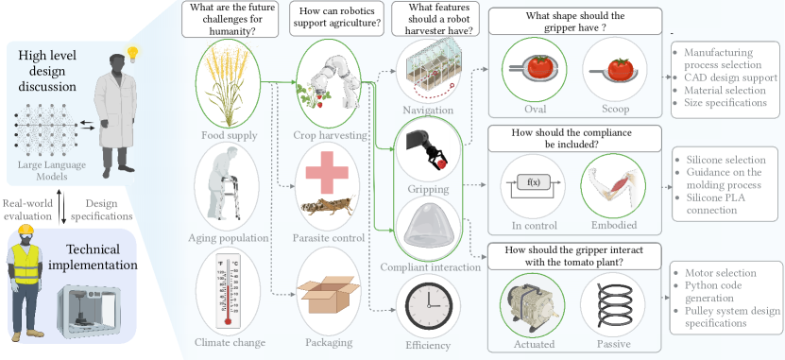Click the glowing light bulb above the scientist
click(x=132, y=54)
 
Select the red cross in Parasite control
click(x=327, y=172)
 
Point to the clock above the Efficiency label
click(x=428, y=305)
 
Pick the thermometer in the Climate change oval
click(x=228, y=291)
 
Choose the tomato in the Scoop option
click(x=621, y=69)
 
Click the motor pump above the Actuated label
click(x=533, y=304)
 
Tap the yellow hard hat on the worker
click(x=26, y=230)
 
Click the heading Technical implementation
click(x=94, y=256)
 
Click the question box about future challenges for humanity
click(x=230, y=20)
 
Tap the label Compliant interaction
click(x=431, y=267)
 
